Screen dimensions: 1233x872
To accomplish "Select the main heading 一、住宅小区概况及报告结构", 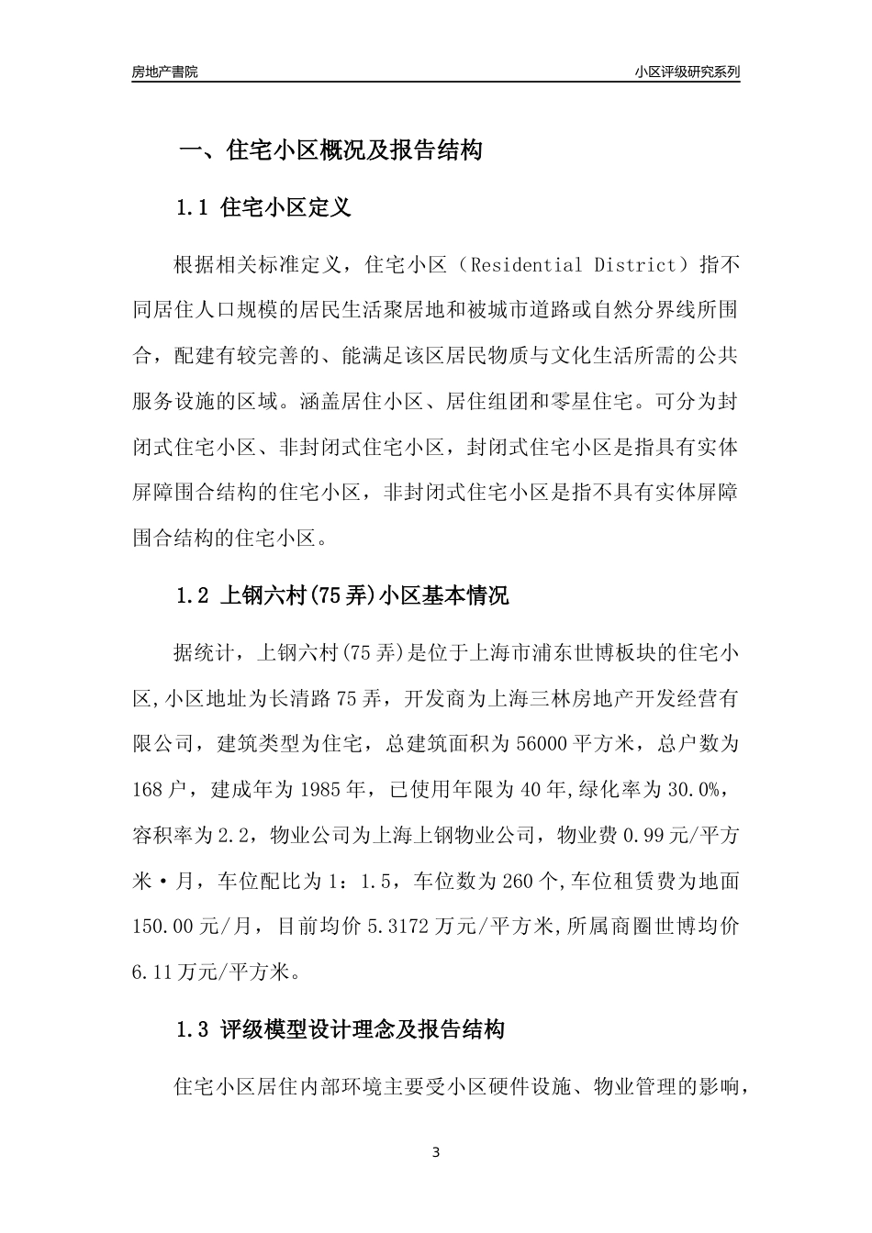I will pos(330,150).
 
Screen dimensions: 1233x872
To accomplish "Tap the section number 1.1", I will pos(193,208).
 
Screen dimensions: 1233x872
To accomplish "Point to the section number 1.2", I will pos(193,596).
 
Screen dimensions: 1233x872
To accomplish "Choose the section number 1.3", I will pos(193,1029).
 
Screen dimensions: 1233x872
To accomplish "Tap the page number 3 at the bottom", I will pos(436,1152).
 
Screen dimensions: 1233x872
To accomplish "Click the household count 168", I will pos(149,788).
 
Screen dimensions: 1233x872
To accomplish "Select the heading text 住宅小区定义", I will pos(286,208).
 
